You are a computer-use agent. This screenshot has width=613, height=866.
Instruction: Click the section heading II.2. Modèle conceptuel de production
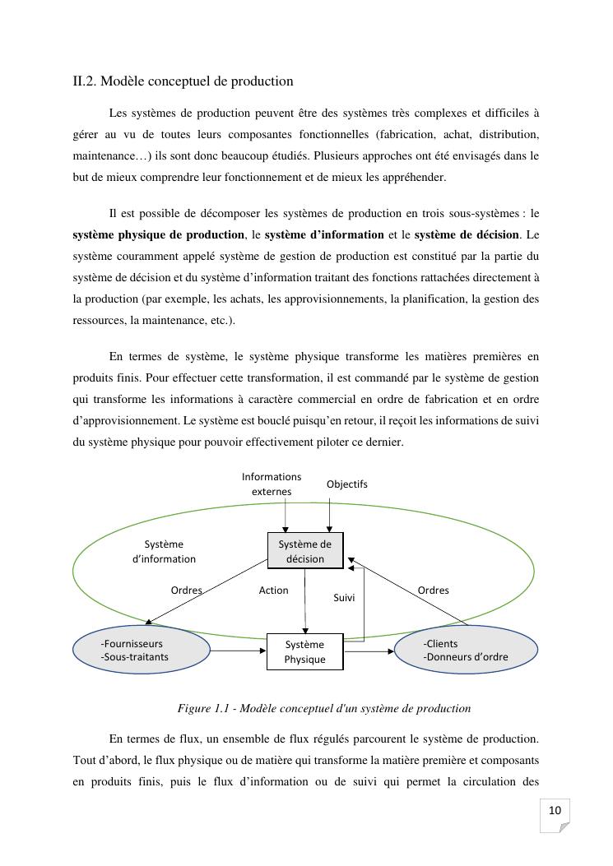(183, 81)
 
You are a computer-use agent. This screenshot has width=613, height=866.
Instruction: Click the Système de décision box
(304, 551)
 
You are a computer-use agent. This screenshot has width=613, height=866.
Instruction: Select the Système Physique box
(304, 651)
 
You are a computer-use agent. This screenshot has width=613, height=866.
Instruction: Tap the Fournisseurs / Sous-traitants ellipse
(141, 650)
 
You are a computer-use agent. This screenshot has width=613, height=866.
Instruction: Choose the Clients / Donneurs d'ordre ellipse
(467, 650)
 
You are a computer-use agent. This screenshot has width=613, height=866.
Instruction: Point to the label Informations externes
(272, 484)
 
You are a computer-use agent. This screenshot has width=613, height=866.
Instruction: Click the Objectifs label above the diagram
(346, 484)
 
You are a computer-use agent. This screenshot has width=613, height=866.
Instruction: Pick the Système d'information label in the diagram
(164, 551)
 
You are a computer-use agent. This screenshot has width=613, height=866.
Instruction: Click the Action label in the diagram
(273, 590)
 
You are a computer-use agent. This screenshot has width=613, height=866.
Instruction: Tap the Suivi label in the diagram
(344, 598)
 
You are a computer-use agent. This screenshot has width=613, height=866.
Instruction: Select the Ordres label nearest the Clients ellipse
(433, 590)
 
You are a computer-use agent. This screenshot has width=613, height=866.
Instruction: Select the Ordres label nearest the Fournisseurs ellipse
(186, 590)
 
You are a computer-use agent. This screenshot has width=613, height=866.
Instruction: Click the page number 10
(555, 811)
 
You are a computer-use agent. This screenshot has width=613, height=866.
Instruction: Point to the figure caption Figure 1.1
(324, 708)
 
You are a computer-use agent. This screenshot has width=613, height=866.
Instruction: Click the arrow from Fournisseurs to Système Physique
(238, 651)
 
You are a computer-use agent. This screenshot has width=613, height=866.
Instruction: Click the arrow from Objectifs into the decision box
(329, 514)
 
